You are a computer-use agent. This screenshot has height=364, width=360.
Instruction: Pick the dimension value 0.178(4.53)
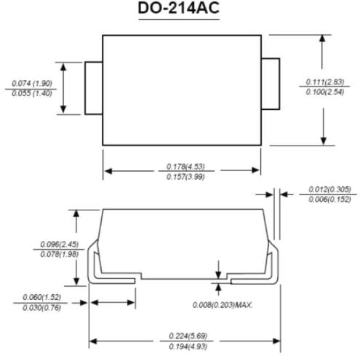(181, 166)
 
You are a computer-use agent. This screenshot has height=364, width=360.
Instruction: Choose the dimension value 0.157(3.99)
(181, 177)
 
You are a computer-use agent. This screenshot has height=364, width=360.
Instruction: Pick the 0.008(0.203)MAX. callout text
(223, 304)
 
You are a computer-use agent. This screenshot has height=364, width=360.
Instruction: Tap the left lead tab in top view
(93, 89)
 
